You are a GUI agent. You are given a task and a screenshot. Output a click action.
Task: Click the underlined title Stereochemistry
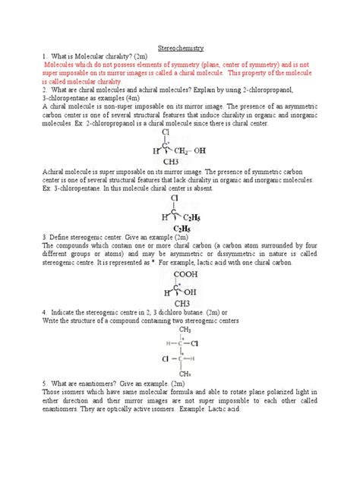pos(179,47)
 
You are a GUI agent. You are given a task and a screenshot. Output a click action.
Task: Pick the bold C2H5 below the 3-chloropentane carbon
pos(182,228)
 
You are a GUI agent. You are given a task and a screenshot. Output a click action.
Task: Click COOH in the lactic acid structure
pos(181,276)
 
